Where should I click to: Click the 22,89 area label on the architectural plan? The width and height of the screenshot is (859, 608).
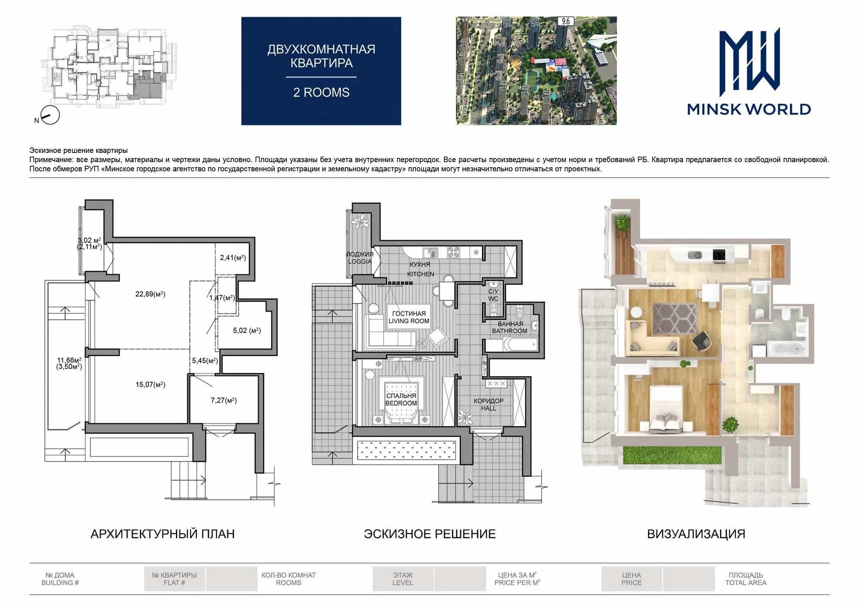click(x=150, y=294)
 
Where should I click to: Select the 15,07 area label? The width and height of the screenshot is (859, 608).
click(x=150, y=385)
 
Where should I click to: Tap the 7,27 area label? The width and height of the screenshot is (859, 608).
click(x=223, y=400)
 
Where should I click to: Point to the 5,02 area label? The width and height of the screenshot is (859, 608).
click(x=247, y=330)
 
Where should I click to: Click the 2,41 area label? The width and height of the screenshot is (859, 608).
click(x=233, y=258)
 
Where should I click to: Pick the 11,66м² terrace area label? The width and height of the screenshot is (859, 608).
click(x=69, y=360)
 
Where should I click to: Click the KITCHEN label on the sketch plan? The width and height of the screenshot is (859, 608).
click(x=421, y=274)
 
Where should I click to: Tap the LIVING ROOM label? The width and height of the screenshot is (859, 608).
click(x=409, y=321)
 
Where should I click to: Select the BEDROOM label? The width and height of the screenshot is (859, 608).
click(x=401, y=403)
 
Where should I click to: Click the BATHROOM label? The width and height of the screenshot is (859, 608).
click(x=510, y=331)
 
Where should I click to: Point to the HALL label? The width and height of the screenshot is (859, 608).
click(x=489, y=408)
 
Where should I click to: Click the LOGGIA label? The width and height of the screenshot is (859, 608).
click(x=360, y=262)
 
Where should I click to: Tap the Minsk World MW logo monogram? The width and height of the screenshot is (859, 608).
click(x=750, y=62)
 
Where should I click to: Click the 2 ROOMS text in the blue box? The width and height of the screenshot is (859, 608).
click(x=321, y=93)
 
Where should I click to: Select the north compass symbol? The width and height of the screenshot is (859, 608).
click(x=50, y=115)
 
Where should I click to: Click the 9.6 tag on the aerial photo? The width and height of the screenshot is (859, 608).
click(x=566, y=21)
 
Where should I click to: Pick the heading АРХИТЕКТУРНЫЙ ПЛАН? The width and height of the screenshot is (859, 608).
click(x=163, y=534)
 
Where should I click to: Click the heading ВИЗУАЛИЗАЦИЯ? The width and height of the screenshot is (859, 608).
click(x=696, y=534)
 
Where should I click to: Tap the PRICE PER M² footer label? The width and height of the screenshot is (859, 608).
click(x=517, y=583)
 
